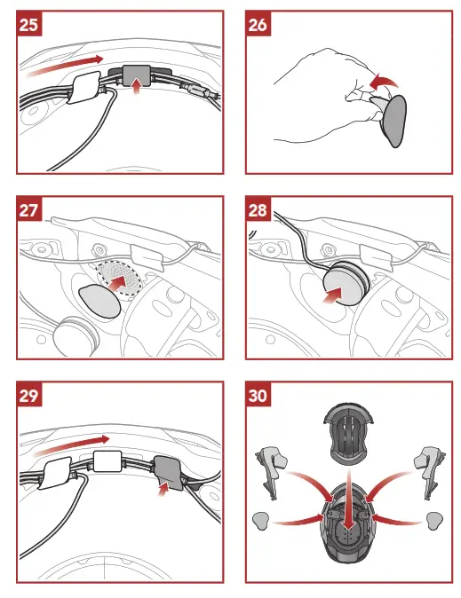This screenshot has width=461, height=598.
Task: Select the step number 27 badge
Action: pos(28,210)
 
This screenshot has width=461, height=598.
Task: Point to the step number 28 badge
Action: pos(259,210)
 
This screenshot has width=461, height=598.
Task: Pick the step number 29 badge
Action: pos(28,397)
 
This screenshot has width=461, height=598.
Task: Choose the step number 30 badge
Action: pos(259,397)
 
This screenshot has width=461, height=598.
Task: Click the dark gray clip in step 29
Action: pos(168,470)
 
